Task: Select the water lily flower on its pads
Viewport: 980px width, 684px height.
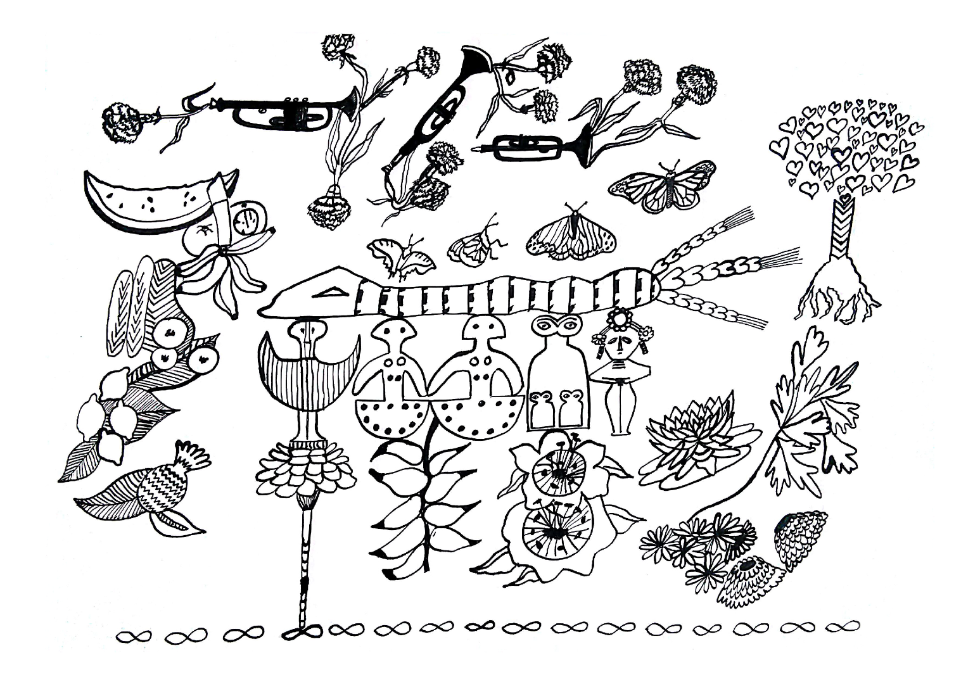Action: tap(697, 437)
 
